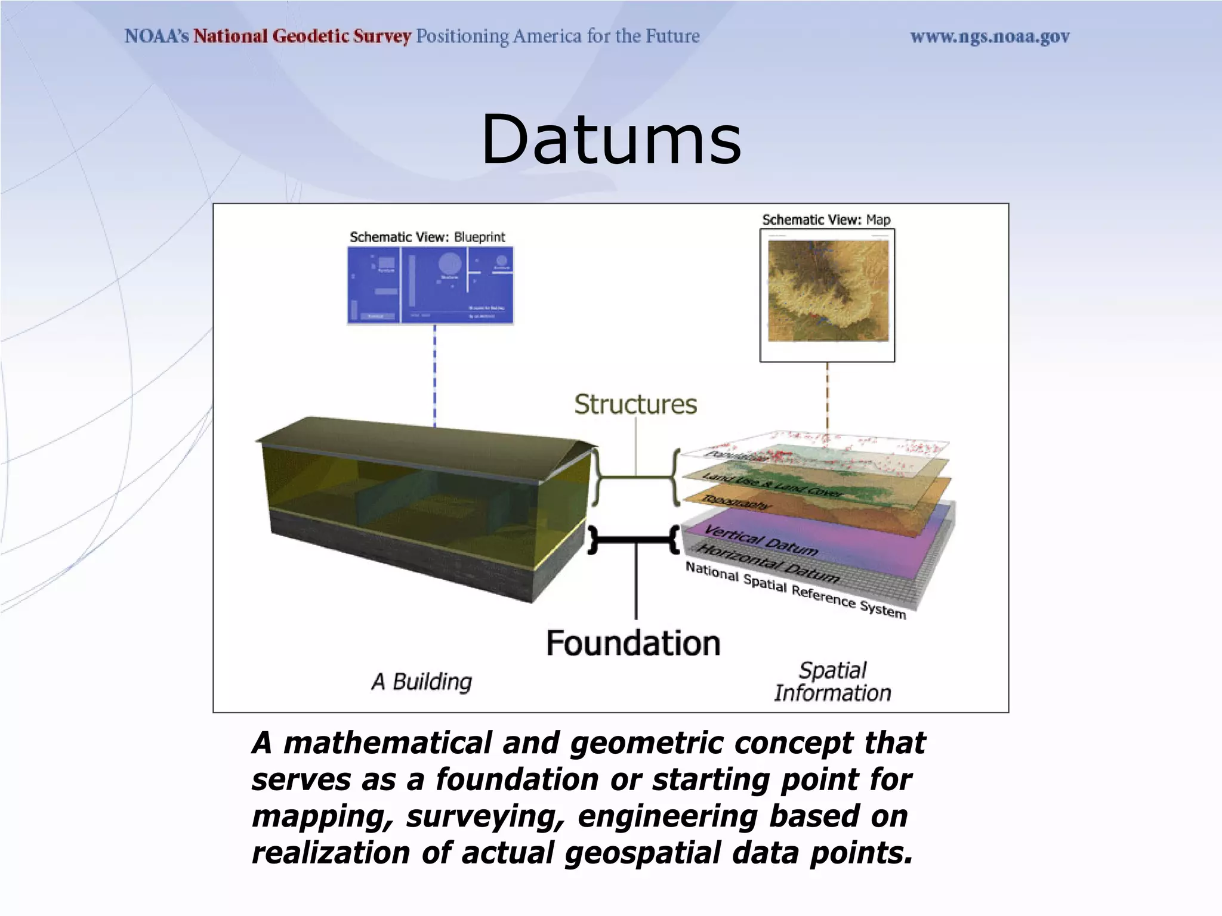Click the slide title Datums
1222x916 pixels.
tap(611, 141)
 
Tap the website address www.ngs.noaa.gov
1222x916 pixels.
tap(989, 37)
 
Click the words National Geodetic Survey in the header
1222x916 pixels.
tap(302, 36)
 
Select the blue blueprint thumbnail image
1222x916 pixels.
tap(430, 285)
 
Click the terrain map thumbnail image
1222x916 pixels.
tap(828, 291)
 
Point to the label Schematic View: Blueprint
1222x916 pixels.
tap(427, 237)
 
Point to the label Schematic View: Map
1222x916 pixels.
tap(826, 220)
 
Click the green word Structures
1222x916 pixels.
tap(635, 405)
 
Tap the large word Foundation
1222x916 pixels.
tap(633, 644)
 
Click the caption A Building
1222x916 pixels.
tap(422, 682)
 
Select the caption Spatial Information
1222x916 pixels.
tap(832, 682)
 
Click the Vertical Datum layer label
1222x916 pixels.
tap(761, 540)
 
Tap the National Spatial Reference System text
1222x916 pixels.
tap(795, 590)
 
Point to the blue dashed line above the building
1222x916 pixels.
tap(434, 376)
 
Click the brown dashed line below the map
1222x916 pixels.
tap(828, 397)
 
